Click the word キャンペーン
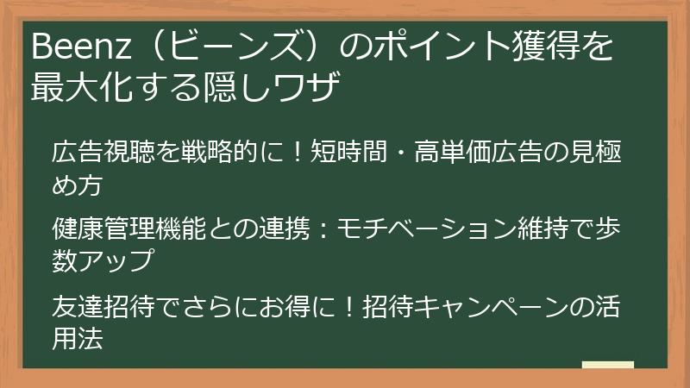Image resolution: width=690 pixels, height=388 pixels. tap(497, 308)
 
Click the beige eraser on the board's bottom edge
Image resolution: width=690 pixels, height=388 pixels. tap(607, 365)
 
